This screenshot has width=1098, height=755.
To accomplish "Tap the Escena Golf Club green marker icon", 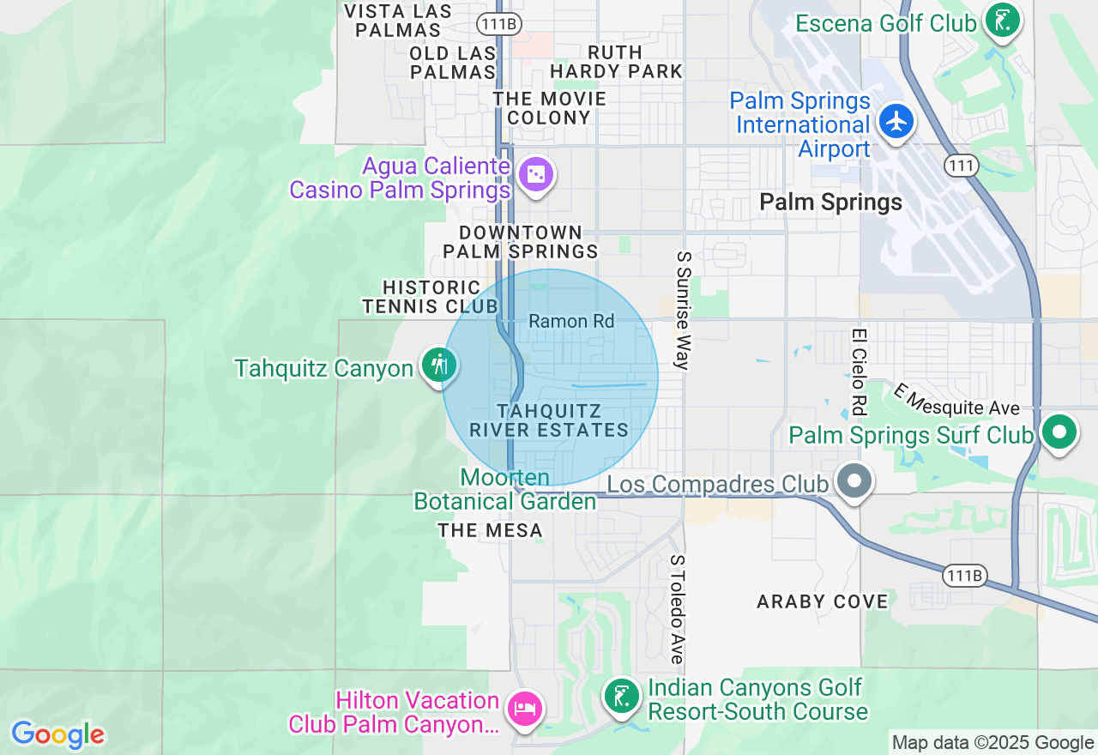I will [1002, 21].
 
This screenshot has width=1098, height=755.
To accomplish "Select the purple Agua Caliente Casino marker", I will [536, 175].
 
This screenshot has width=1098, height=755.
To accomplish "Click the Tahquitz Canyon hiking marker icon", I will [439, 365].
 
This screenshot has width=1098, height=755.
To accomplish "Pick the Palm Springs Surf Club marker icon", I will [1059, 432].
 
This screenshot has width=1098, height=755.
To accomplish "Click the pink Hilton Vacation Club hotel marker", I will [523, 709].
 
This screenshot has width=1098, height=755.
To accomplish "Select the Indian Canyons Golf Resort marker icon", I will [621, 696].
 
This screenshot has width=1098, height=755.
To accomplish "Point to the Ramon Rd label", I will [571, 321].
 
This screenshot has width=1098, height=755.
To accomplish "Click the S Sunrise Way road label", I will [683, 311].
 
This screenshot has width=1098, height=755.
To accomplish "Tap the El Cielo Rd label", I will [858, 371].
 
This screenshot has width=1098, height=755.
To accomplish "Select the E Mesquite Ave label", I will [956, 399].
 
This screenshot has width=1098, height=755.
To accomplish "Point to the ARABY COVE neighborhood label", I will [822, 601].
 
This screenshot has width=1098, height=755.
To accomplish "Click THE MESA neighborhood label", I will [490, 531].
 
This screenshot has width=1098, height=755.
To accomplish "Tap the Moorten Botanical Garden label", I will [505, 489].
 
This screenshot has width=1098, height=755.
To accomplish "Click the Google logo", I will [57, 734].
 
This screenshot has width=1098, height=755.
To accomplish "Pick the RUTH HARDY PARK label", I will [616, 62].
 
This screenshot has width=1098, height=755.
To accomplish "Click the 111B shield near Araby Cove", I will [962, 575].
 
